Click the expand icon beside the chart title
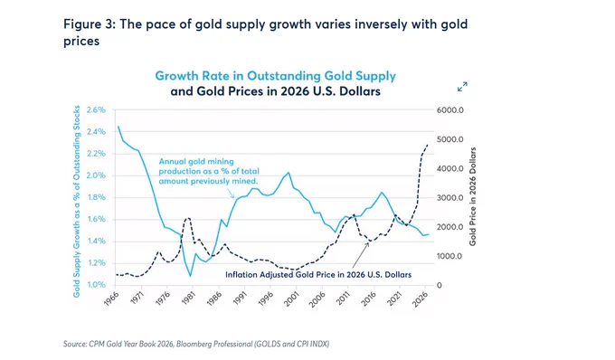click(x=462, y=87)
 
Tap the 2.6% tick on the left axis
click(x=96, y=109)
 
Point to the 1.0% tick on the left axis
click(x=96, y=284)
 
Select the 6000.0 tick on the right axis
click(x=450, y=110)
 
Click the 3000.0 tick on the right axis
click(x=450, y=198)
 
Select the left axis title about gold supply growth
click(x=77, y=201)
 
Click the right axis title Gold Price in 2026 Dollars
click(x=473, y=196)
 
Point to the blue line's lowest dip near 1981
click(x=191, y=276)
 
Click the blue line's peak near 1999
click(x=289, y=173)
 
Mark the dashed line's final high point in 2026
click(x=428, y=145)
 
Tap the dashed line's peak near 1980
click(x=188, y=218)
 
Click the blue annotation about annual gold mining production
click(x=209, y=171)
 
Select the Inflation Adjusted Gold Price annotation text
click(x=318, y=274)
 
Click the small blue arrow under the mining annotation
click(x=231, y=193)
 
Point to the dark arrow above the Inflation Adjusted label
click(x=361, y=255)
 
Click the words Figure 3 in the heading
click(x=89, y=24)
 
